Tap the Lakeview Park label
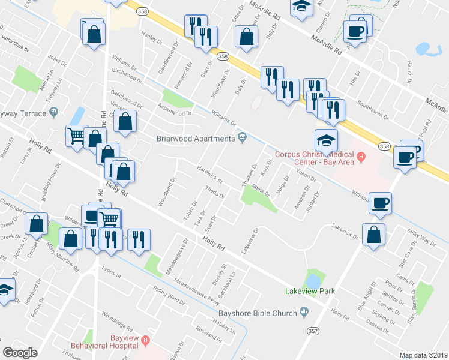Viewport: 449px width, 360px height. tap(310, 292)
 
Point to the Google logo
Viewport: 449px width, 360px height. tap(20, 353)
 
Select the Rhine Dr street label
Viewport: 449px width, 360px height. tap(261, 190)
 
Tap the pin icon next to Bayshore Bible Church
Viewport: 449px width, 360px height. tap(304, 311)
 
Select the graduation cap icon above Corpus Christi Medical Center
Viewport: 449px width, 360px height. tap(327, 140)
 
